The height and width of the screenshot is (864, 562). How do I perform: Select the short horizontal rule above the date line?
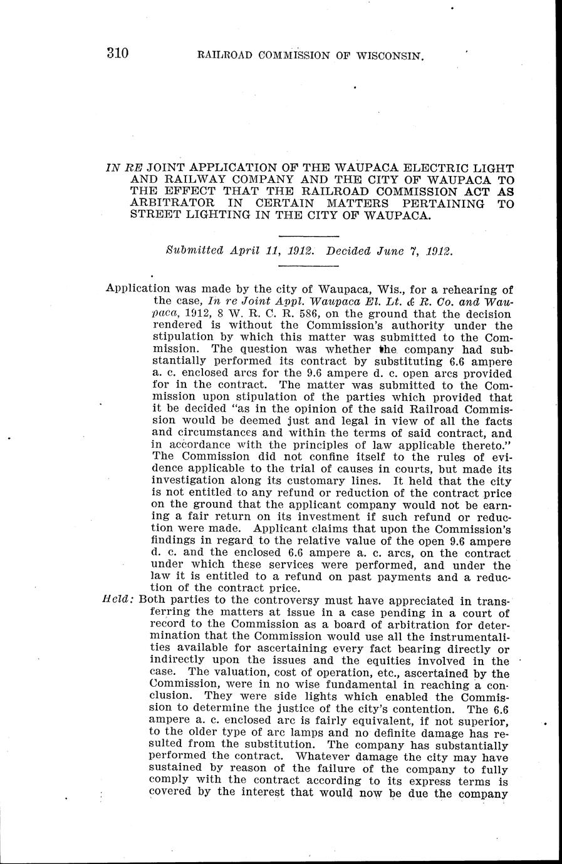tap(308, 235)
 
